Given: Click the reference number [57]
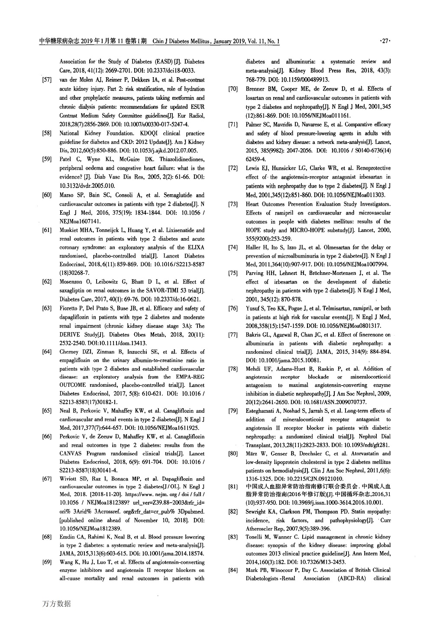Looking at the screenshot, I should (47, 80).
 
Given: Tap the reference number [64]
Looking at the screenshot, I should (47, 352).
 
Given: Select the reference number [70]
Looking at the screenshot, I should (233, 89).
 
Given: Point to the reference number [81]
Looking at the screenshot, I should (233, 487).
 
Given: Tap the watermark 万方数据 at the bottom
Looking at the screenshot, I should (56, 603).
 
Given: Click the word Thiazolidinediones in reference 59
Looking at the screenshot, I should (180, 160).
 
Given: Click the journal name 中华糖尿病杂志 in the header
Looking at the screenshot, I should (57, 42).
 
